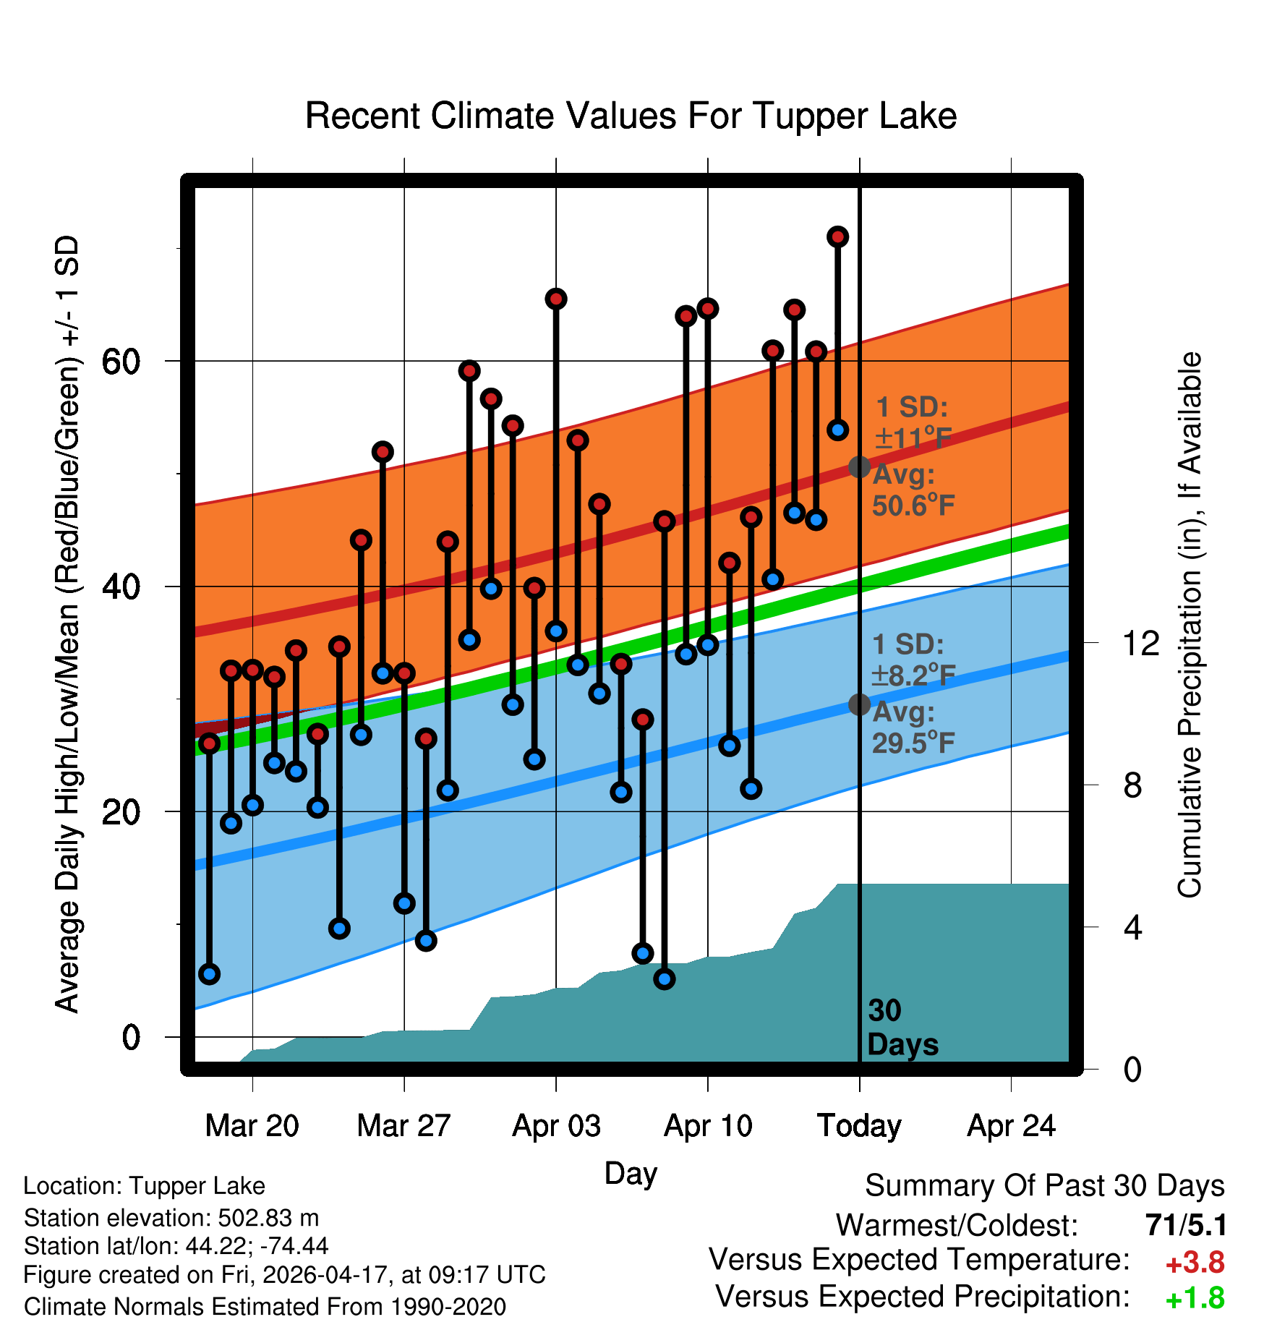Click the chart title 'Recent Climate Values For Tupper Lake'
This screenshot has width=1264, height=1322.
[631, 116]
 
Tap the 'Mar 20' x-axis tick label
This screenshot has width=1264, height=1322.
[252, 1126]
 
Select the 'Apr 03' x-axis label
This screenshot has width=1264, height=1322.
[556, 1126]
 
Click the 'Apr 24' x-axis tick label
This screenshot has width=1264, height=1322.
[1012, 1126]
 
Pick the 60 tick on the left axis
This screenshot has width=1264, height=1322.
[121, 361]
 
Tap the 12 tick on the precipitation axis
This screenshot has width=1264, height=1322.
[1140, 643]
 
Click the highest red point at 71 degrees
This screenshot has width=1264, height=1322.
[838, 236]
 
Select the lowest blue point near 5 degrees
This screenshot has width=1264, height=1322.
[665, 979]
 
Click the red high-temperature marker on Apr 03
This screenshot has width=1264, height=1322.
[556, 299]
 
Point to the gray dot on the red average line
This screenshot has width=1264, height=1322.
[859, 467]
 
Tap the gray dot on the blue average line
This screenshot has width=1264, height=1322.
[859, 704]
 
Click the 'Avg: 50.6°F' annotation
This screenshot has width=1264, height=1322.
[913, 490]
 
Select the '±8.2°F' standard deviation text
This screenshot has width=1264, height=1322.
[913, 675]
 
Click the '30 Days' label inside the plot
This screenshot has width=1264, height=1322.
[902, 1028]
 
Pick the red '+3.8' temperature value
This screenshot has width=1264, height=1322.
[1195, 1263]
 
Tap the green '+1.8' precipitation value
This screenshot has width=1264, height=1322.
[1195, 1299]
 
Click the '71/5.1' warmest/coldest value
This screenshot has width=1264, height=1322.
[1186, 1225]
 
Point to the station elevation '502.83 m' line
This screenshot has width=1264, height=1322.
[171, 1218]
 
